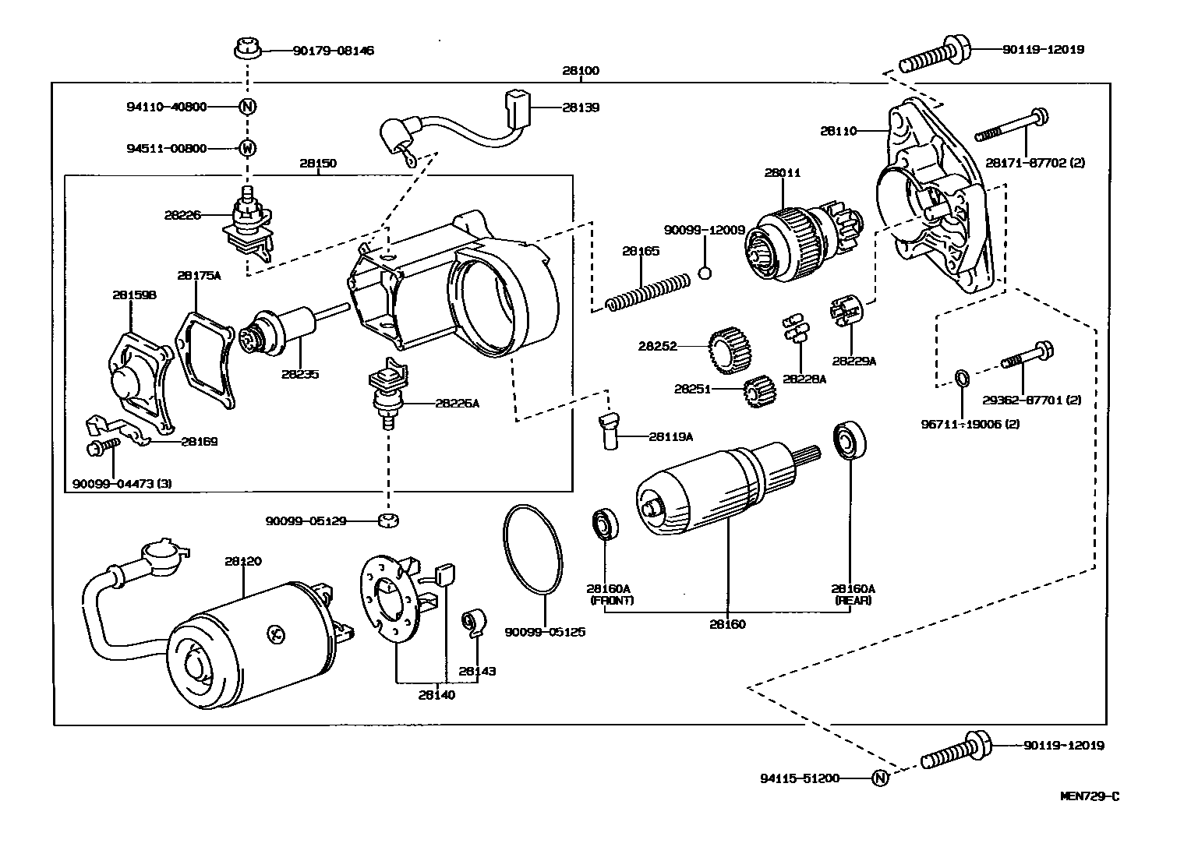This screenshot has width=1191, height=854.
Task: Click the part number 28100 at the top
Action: [x=580, y=71]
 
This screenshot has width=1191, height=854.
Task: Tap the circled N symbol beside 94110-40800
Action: [x=247, y=107]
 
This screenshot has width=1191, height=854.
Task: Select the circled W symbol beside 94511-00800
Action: [x=247, y=148]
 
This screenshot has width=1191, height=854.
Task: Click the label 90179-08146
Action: [x=333, y=51]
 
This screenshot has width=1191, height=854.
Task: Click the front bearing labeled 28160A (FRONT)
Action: [x=604, y=524]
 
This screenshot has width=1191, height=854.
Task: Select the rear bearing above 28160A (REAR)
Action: [x=847, y=441]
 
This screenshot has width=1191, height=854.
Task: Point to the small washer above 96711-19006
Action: [x=962, y=379]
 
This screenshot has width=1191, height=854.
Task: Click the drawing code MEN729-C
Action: [x=1090, y=796]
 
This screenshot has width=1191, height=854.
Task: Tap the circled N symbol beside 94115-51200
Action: [x=879, y=778]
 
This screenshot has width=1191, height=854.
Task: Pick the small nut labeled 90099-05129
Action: [x=386, y=521]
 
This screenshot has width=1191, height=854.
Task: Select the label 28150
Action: [x=318, y=164]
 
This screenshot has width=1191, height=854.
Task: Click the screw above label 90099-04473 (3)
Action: [x=102, y=447]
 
